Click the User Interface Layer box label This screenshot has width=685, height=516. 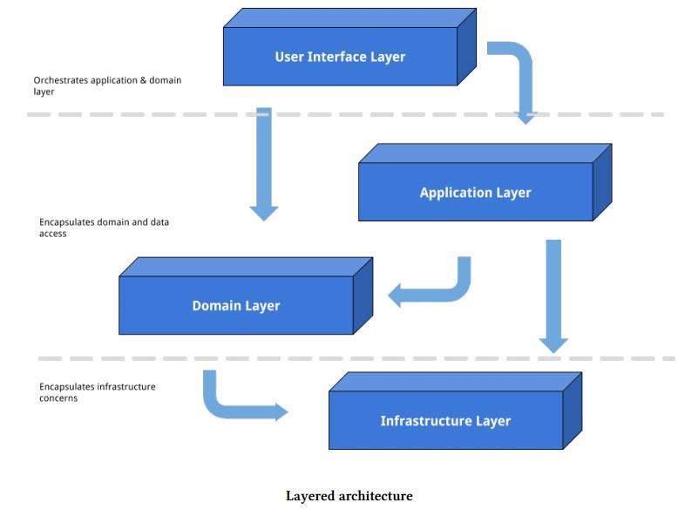click(340, 57)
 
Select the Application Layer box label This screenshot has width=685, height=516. click(475, 193)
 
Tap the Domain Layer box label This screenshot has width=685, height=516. click(236, 306)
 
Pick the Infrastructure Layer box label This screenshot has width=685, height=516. click(445, 421)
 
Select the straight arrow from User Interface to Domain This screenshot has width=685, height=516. click(264, 161)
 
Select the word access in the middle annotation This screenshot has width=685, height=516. click(52, 234)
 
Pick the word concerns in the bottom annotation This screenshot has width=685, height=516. click(58, 398)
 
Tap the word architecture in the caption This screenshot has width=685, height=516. click(373, 496)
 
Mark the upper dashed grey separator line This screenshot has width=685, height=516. click(131, 114)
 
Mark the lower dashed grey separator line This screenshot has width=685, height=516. click(131, 358)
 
